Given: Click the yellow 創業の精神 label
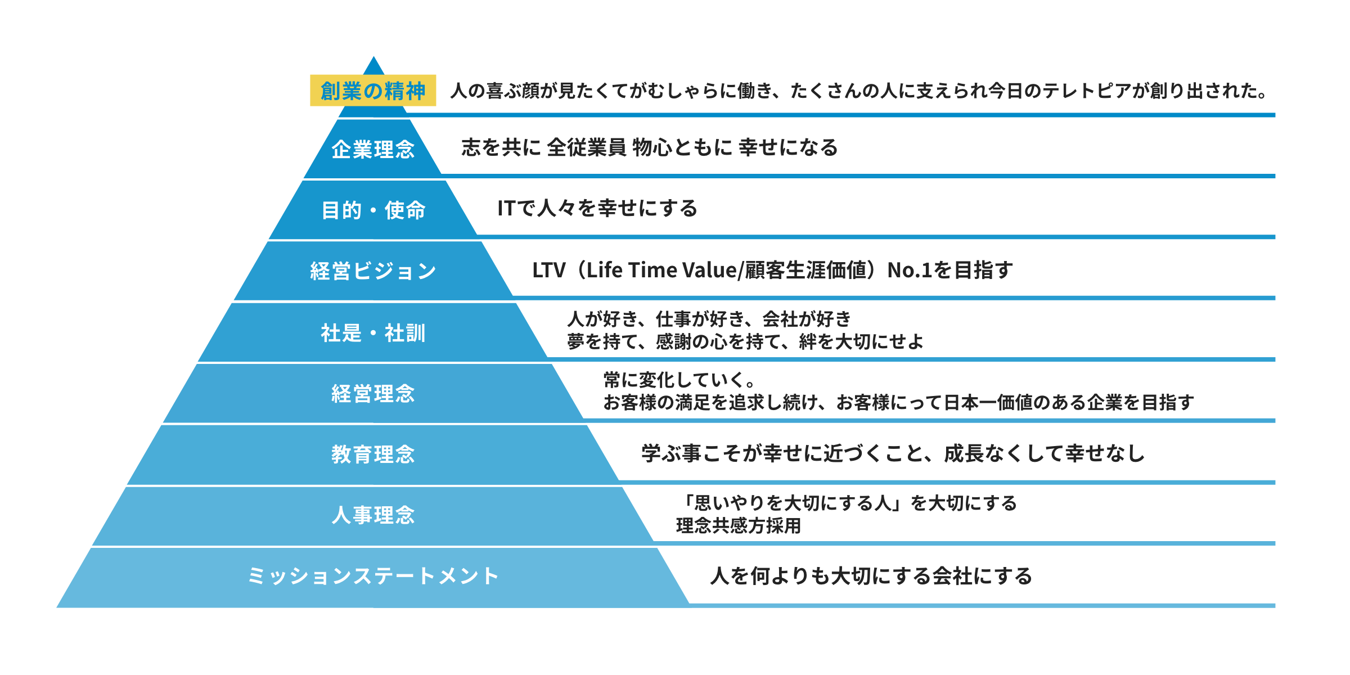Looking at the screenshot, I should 373,91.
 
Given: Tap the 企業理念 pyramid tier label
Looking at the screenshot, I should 373,150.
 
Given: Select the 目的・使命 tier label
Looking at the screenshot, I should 373,210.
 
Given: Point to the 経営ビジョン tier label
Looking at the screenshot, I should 373,271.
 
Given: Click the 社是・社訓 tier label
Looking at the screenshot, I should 373,333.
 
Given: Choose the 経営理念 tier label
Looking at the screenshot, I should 373,394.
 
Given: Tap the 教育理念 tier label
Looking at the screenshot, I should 373,454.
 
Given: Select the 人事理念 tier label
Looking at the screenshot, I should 373,515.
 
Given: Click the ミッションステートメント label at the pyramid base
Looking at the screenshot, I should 373,576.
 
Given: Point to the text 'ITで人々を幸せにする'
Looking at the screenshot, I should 597,209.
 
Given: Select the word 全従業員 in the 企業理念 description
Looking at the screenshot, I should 586,147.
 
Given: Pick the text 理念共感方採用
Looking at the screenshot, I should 739,526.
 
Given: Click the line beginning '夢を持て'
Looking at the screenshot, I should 745,341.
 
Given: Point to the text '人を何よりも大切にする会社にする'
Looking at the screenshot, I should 871,576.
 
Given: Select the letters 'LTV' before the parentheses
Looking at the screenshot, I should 548,271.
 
